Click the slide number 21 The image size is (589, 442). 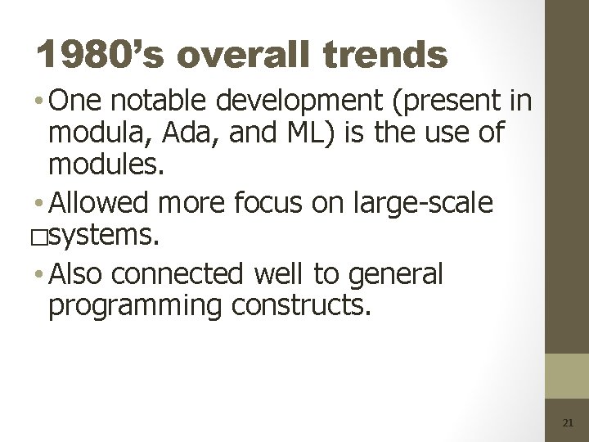click(568, 423)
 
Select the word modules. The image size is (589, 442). click(106, 166)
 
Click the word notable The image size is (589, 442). click(160, 101)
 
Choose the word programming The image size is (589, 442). click(135, 305)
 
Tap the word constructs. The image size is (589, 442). click(301, 305)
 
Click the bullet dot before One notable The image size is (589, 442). click(41, 102)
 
